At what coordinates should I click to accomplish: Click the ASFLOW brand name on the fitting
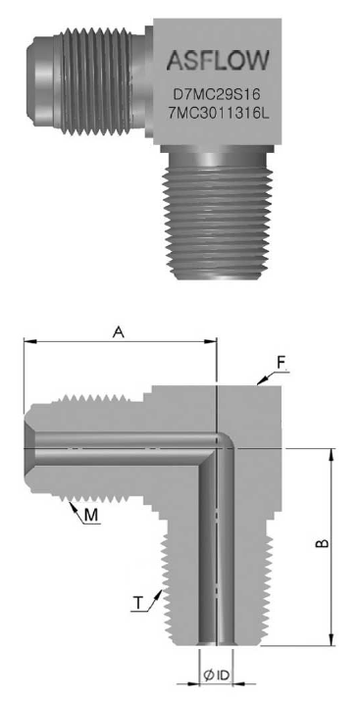218,60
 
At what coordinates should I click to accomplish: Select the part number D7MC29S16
217,95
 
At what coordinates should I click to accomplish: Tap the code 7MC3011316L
218,114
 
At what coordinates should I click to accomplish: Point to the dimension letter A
119,331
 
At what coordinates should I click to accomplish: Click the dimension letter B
323,543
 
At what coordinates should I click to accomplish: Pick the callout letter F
282,363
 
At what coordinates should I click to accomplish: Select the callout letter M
91,516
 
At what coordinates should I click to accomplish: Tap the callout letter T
139,604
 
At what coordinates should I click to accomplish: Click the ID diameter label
217,677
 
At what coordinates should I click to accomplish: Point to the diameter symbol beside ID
209,677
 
